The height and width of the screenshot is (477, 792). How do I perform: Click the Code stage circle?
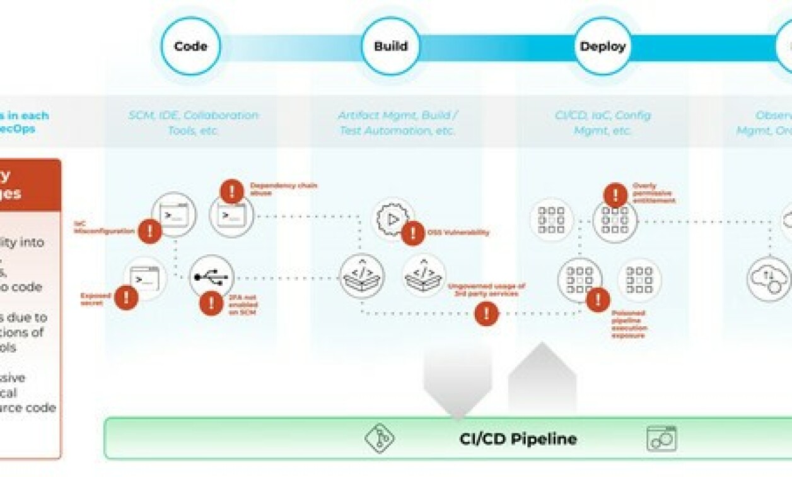tap(190, 46)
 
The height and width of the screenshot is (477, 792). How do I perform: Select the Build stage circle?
tap(391, 46)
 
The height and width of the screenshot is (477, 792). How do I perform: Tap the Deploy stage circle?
tap(603, 46)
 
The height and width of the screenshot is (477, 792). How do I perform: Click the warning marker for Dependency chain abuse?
tap(231, 191)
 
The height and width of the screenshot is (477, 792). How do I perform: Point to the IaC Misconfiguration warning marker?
tap(149, 232)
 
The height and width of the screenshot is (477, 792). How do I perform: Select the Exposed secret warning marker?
tap(126, 297)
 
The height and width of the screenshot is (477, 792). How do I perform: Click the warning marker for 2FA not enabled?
tap(211, 303)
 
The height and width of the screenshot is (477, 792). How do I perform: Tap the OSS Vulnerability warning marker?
tap(413, 233)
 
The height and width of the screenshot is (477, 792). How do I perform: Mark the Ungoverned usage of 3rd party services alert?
tap(486, 313)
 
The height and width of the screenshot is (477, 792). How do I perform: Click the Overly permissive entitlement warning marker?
tap(615, 196)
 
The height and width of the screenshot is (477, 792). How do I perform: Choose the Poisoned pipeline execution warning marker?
tap(598, 300)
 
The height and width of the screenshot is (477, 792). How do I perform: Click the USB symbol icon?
tap(211, 277)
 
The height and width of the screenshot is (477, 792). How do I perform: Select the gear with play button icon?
tap(393, 218)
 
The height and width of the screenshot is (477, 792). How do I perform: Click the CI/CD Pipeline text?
tap(518, 439)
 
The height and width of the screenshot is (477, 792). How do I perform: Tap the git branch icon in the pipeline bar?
tap(380, 439)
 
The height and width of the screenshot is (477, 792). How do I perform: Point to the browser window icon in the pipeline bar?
tap(661, 439)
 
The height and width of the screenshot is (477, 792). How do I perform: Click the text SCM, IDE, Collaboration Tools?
tap(193, 123)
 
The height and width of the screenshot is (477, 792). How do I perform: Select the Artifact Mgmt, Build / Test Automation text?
tap(397, 123)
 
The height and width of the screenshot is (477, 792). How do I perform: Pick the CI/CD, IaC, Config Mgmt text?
tap(602, 123)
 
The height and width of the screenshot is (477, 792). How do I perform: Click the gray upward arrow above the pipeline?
tap(542, 379)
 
